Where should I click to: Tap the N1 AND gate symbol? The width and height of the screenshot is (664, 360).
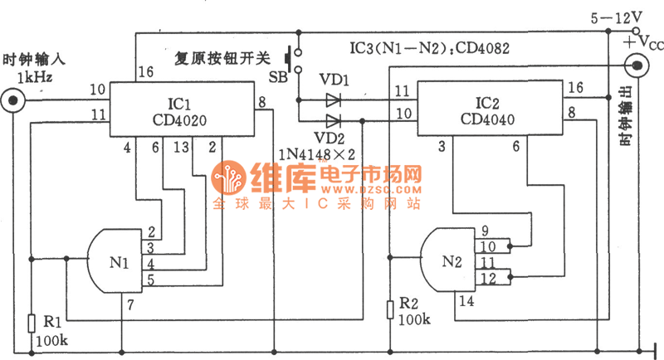tap(116, 260)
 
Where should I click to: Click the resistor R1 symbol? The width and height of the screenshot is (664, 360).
tap(31, 323)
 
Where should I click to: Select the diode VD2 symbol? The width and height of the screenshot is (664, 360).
tap(334, 119)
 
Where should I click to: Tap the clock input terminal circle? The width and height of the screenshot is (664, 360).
tap(12, 100)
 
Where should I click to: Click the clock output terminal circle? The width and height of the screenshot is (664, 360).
tap(637, 64)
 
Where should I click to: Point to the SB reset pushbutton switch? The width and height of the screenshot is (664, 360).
tap(291, 61)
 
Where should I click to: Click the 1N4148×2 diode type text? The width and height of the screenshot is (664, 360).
tap(333, 153)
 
